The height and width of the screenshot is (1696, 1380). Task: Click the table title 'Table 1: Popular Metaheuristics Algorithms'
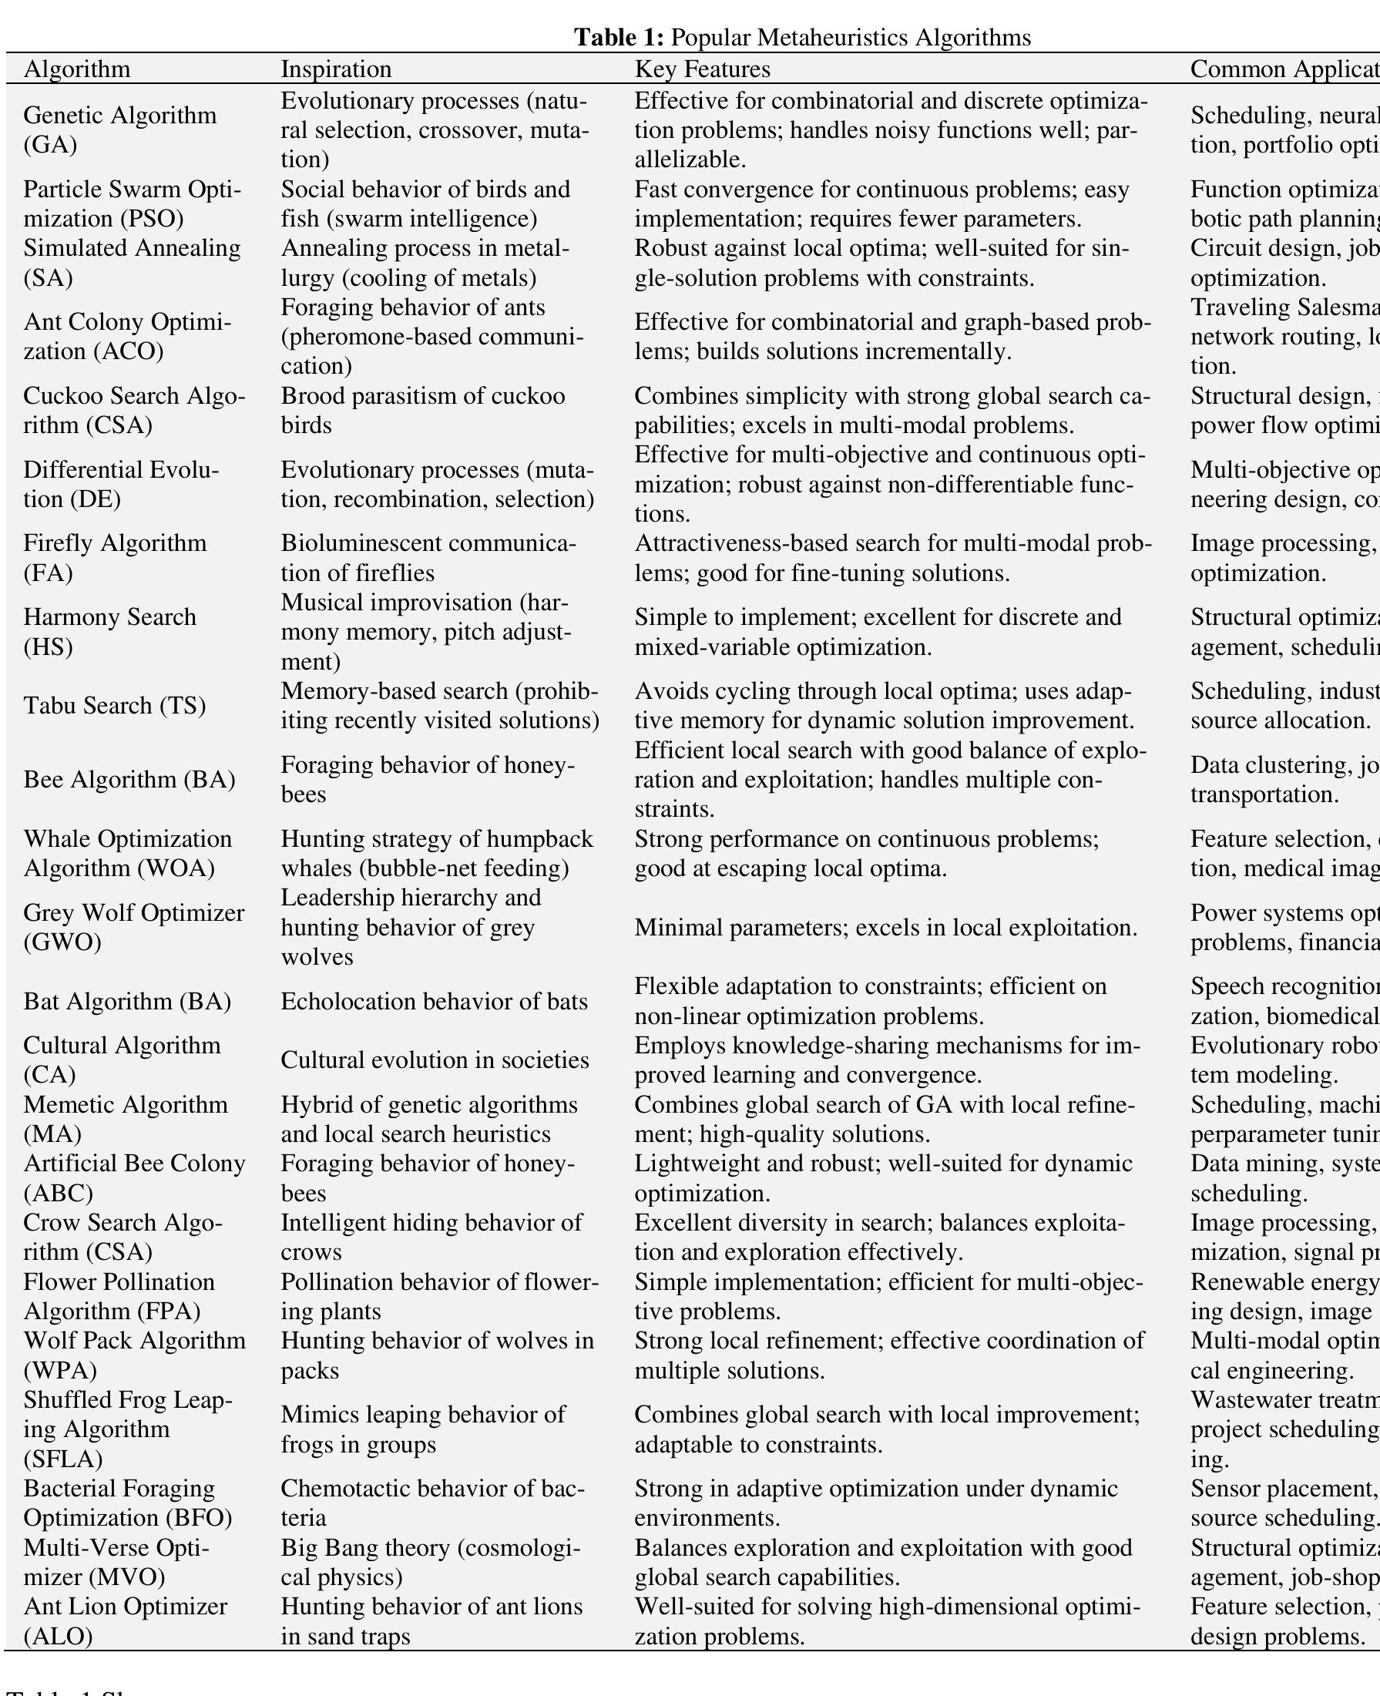802,37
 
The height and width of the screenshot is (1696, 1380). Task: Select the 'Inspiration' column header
336,69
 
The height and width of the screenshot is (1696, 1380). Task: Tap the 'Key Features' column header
702,69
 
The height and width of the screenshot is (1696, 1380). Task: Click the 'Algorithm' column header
76,69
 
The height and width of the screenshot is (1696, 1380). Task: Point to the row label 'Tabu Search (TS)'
115,705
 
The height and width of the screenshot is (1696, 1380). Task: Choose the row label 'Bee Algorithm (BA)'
129,779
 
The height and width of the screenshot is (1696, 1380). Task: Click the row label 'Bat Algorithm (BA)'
127,1001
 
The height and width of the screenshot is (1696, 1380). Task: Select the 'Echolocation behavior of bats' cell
434,1001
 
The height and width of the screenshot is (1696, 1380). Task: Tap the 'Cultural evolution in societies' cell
435,1060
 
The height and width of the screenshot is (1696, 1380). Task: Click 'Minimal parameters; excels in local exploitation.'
885,928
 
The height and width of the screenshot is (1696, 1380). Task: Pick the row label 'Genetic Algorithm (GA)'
119,129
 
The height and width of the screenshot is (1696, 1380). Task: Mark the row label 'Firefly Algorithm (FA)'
115,557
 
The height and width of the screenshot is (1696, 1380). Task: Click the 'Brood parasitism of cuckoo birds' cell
423,410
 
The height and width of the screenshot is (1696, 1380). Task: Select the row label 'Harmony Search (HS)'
109,631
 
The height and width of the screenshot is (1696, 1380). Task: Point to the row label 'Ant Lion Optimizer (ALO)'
125,1621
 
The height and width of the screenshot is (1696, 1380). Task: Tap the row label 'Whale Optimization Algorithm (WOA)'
127,853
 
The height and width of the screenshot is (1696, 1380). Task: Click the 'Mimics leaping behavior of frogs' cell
423,1429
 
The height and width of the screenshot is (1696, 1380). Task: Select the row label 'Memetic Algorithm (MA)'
126,1118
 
